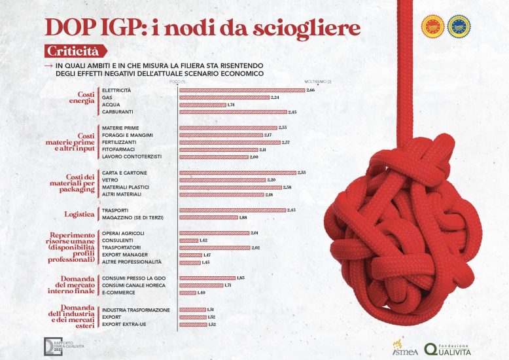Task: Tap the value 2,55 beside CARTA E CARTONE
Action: pyautogui.click(x=302, y=172)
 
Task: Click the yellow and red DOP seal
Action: pyautogui.click(x=434, y=26)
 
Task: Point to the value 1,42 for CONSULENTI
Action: pyautogui.click(x=203, y=240)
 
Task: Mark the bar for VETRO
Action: pyautogui.click(x=222, y=179)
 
